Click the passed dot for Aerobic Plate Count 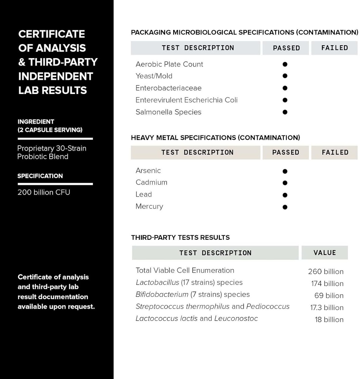click(285, 64)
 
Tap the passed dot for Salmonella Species click(285, 112)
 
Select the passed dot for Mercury click(285, 207)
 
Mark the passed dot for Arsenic click(285, 171)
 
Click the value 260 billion click(326, 272)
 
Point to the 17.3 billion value click(327, 308)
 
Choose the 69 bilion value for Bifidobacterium click(329, 296)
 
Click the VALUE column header click(324, 253)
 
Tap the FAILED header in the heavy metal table click(335, 152)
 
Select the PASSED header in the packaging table click(286, 48)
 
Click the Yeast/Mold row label click(154, 76)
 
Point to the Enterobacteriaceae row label click(168, 88)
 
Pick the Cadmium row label click(151, 182)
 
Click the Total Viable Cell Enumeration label click(185, 271)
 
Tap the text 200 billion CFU click(44, 192)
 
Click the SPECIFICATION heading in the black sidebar click(40, 176)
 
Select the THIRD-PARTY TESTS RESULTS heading click(180, 238)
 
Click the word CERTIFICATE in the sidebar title click(52, 34)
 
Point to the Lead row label click(144, 194)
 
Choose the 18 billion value click(329, 320)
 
